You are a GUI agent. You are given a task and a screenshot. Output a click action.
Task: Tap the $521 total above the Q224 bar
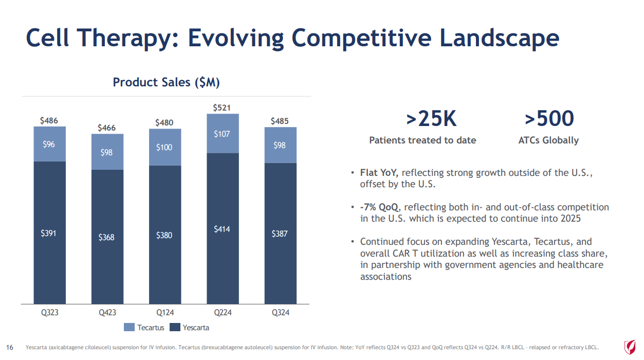coord(223,107)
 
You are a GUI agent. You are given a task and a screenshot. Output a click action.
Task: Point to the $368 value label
coord(107,237)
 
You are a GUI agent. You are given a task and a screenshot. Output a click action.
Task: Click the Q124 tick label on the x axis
coord(164,312)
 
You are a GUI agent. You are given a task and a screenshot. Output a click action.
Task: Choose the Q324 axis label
coord(280,312)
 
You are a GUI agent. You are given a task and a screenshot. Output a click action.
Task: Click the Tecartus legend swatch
coord(128,327)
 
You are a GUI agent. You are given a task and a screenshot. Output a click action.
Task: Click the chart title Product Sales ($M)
coord(167,82)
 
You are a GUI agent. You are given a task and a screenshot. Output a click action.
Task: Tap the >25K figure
coord(431,119)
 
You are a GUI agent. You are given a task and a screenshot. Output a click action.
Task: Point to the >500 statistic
coord(549,119)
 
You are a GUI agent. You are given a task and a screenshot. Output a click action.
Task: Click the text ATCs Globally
coord(548,140)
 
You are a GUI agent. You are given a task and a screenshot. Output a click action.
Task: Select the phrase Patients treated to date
coord(422,140)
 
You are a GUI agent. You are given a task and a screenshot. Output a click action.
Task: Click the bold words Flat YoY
coord(379,173)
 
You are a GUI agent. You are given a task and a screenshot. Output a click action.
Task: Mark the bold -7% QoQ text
coord(380,207)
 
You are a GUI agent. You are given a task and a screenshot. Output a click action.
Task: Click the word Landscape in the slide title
coord(499,38)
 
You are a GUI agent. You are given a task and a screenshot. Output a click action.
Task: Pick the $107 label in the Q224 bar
coord(223,134)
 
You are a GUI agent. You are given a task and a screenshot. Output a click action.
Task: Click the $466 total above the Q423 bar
coord(107,128)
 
